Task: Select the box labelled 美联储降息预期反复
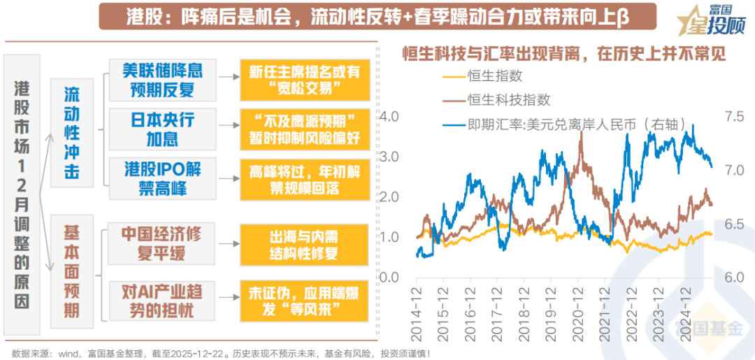point(161,80)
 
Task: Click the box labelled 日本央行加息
point(161,129)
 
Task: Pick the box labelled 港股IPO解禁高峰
point(161,179)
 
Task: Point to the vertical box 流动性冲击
point(72,133)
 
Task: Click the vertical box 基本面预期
point(72,271)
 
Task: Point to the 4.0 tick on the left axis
point(389,115)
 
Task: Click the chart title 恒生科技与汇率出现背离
point(563,54)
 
